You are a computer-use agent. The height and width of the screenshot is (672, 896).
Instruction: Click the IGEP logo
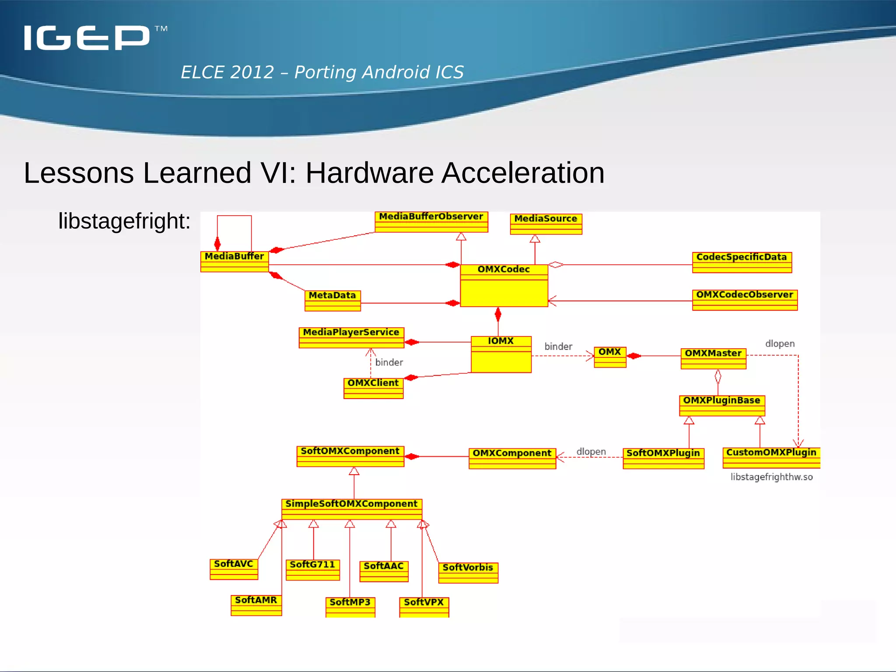[x=87, y=38]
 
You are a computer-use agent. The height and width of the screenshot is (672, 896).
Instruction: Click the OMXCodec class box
[x=504, y=285]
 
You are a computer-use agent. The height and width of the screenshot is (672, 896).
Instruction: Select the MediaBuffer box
[x=234, y=261]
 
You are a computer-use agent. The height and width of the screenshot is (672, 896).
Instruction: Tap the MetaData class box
[x=332, y=301]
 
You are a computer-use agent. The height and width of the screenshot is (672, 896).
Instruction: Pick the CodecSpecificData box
[x=742, y=262]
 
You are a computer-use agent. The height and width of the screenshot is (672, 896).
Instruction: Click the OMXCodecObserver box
[x=745, y=300]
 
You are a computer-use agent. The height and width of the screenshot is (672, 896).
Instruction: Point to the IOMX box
[x=501, y=354]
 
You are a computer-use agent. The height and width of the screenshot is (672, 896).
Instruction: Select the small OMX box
[x=610, y=357]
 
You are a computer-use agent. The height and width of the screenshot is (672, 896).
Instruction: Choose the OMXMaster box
[x=713, y=358]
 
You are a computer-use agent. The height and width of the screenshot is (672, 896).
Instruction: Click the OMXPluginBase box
[x=722, y=405]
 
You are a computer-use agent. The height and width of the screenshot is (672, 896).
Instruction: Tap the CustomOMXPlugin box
[x=771, y=457]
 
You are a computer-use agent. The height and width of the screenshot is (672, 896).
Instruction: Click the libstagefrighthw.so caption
[x=771, y=477]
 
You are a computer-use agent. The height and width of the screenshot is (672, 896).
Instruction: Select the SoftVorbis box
[x=468, y=572]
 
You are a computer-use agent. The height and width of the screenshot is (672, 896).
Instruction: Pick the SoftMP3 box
[x=350, y=607]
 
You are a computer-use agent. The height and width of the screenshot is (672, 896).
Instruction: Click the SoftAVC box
[x=234, y=569]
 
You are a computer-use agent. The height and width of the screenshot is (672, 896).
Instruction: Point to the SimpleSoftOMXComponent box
[x=351, y=509]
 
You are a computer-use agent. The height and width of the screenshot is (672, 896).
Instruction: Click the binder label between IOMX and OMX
[x=558, y=346]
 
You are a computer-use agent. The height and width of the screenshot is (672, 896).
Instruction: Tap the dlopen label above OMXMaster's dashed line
[x=780, y=344]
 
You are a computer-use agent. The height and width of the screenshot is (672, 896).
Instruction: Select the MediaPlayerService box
[x=351, y=337]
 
